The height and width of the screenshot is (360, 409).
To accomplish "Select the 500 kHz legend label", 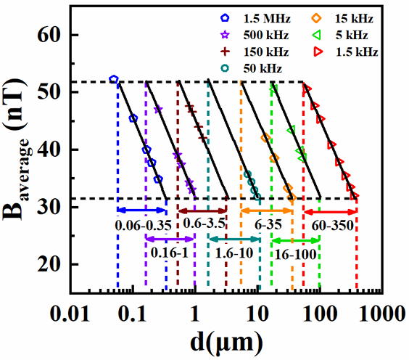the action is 266,35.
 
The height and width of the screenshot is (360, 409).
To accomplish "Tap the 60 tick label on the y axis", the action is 49,35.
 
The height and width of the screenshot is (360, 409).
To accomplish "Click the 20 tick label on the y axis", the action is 49,265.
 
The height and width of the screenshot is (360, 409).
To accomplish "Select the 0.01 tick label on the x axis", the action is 70,314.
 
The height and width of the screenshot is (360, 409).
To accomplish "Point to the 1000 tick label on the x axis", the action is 382,314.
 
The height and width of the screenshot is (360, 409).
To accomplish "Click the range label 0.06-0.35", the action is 143,226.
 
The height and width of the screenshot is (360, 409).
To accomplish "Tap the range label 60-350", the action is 333,226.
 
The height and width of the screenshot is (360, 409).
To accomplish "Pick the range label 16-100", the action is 296,254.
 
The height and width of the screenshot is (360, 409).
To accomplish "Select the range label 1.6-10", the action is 234,253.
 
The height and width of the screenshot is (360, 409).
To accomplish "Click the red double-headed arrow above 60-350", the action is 330,212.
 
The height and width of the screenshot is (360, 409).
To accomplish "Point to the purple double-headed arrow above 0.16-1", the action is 170,239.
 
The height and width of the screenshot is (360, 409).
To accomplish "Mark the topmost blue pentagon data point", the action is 113,79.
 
